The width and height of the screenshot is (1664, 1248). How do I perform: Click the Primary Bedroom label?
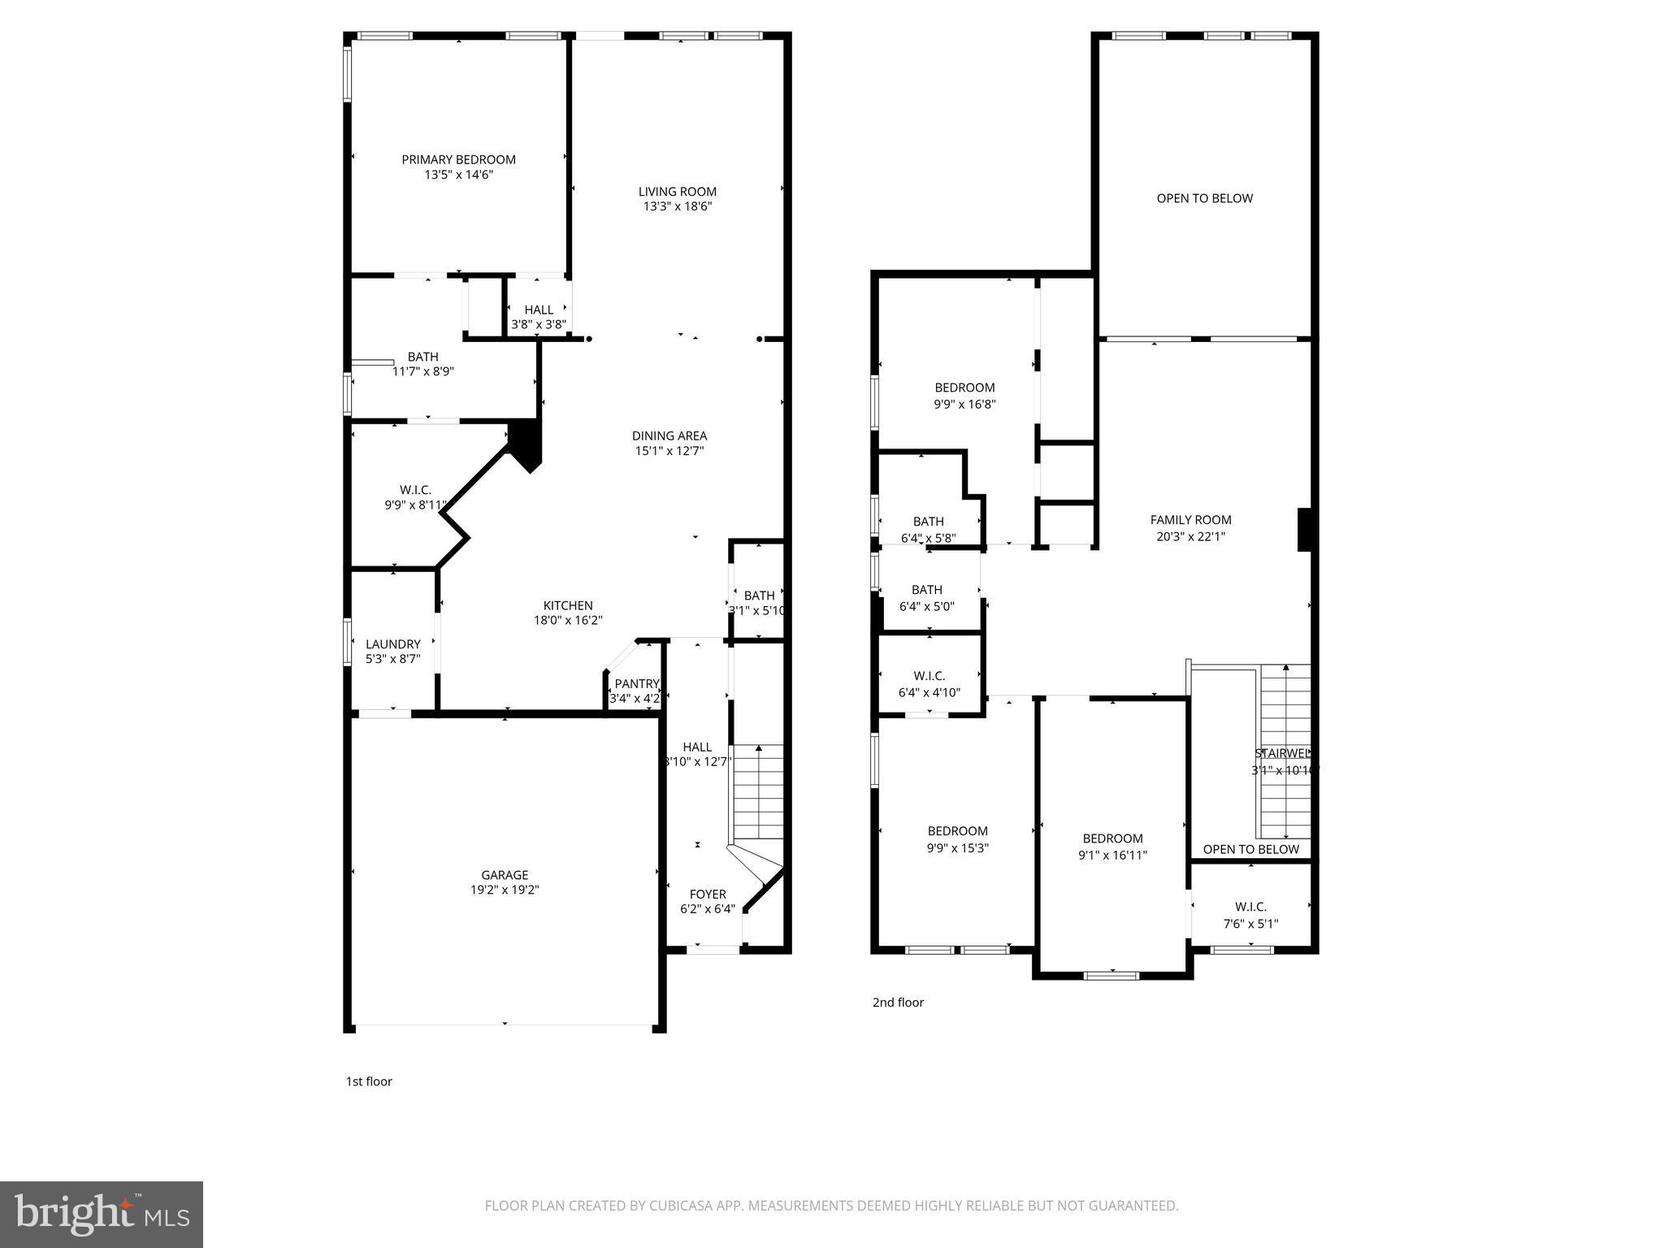click(458, 159)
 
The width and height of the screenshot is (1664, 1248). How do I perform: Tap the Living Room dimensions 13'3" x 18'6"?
click(678, 207)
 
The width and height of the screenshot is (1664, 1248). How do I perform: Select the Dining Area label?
click(669, 435)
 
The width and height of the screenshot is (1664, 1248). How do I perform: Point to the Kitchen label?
click(568, 605)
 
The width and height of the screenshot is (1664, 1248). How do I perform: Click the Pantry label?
click(636, 683)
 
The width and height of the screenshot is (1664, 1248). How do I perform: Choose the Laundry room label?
click(392, 644)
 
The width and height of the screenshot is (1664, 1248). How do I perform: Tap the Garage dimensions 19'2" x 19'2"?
click(505, 890)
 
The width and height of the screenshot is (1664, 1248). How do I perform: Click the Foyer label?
click(707, 894)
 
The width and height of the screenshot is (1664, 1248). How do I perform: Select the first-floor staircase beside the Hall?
click(758, 792)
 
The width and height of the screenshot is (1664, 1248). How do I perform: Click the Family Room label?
click(1190, 520)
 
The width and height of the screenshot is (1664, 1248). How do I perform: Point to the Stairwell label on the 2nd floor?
click(1283, 754)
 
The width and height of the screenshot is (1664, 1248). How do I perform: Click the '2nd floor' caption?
click(898, 1003)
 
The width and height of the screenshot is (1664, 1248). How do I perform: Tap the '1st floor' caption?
click(369, 1081)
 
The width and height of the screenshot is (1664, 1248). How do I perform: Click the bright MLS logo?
click(102, 1215)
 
